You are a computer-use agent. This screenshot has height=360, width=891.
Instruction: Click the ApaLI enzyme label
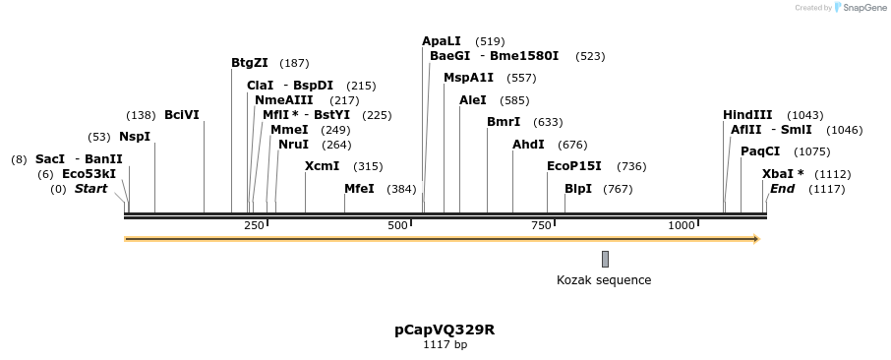(441, 41)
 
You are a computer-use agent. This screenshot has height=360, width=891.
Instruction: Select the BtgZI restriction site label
(250, 63)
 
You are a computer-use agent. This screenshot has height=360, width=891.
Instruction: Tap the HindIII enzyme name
(747, 115)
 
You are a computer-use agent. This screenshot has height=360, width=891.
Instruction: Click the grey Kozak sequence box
(605, 259)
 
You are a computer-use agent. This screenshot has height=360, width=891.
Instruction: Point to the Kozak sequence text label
(604, 280)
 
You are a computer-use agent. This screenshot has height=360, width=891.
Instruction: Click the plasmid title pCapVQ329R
(445, 330)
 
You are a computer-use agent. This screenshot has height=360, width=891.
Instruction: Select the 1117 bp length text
(445, 345)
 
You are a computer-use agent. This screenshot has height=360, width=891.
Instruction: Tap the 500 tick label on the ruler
(397, 226)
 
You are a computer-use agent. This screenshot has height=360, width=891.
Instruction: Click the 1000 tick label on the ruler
(682, 226)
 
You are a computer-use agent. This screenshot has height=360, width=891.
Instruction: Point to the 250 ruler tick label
(254, 226)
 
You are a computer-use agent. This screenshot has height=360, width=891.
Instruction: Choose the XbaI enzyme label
(783, 174)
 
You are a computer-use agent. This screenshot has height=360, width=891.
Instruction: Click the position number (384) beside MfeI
(401, 189)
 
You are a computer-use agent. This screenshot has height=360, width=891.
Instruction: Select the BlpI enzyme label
(578, 189)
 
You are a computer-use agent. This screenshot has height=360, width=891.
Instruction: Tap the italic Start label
(90, 189)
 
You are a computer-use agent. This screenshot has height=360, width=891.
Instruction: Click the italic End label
(782, 189)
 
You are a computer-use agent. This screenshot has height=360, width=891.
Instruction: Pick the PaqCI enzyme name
(760, 151)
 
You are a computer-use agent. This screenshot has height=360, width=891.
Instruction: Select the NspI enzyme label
(135, 137)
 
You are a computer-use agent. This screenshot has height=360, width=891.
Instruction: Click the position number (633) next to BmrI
(548, 123)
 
